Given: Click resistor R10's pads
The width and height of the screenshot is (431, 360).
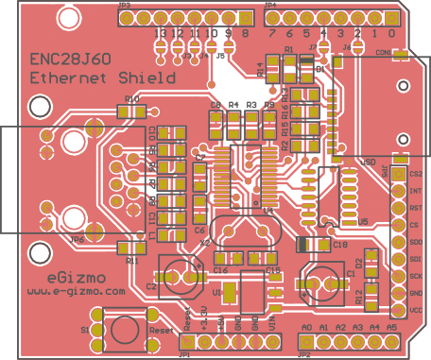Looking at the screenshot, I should pos(132,111).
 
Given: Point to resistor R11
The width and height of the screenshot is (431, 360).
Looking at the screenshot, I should pos(132,248).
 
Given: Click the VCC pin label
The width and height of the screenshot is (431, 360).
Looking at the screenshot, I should pos(417,310).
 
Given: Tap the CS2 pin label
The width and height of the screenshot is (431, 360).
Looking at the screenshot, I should pos(417,175).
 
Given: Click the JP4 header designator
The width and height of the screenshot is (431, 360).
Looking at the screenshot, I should pos(271,6).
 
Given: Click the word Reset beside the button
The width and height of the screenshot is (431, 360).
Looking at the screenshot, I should pos(161,332).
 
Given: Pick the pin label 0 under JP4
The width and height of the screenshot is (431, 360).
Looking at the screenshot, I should pos(392,33).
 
